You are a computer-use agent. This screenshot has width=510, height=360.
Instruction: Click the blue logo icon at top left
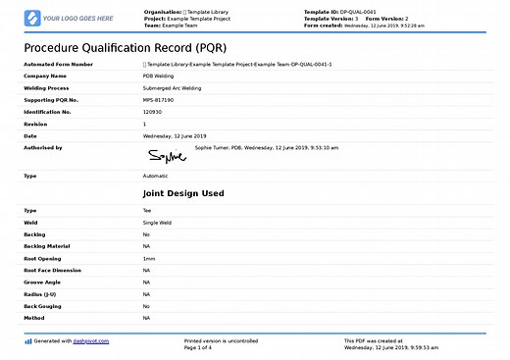pyautogui.click(x=32, y=18)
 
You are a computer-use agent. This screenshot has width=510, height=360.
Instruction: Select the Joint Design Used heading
pyautogui.click(x=183, y=193)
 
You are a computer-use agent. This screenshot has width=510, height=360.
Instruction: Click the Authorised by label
pyautogui.click(x=42, y=147)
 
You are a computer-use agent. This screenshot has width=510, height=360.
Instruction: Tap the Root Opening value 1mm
pyautogui.click(x=149, y=258)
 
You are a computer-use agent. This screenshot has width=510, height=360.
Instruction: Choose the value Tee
pyautogui.click(x=147, y=210)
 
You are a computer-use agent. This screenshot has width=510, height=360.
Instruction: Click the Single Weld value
pyautogui.click(x=158, y=222)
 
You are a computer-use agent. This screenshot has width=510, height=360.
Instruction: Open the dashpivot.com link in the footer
pyautogui.click(x=91, y=340)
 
